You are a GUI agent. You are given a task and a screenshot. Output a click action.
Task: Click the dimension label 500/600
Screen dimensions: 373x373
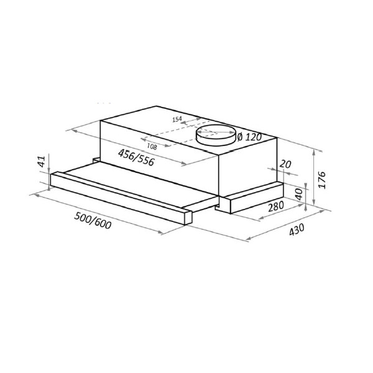tap(93, 221)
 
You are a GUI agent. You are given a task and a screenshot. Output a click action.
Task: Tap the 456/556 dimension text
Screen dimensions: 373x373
tap(136, 157)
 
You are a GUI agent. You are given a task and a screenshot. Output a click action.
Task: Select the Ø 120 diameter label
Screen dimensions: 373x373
tap(249, 137)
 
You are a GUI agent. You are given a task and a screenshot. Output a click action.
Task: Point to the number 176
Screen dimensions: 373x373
tap(321, 180)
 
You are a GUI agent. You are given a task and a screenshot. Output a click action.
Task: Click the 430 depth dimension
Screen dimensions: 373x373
tap(297, 229)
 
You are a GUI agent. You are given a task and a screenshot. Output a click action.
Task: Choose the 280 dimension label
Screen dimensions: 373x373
tap(276, 206)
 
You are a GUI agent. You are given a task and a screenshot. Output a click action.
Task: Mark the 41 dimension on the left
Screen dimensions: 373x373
tap(42, 161)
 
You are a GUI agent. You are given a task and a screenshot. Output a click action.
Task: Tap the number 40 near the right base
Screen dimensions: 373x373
tap(299, 194)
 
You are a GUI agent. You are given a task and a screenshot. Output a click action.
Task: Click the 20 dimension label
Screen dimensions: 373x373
tap(285, 164)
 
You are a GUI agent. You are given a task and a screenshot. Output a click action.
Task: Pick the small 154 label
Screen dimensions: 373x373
tap(177, 119)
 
